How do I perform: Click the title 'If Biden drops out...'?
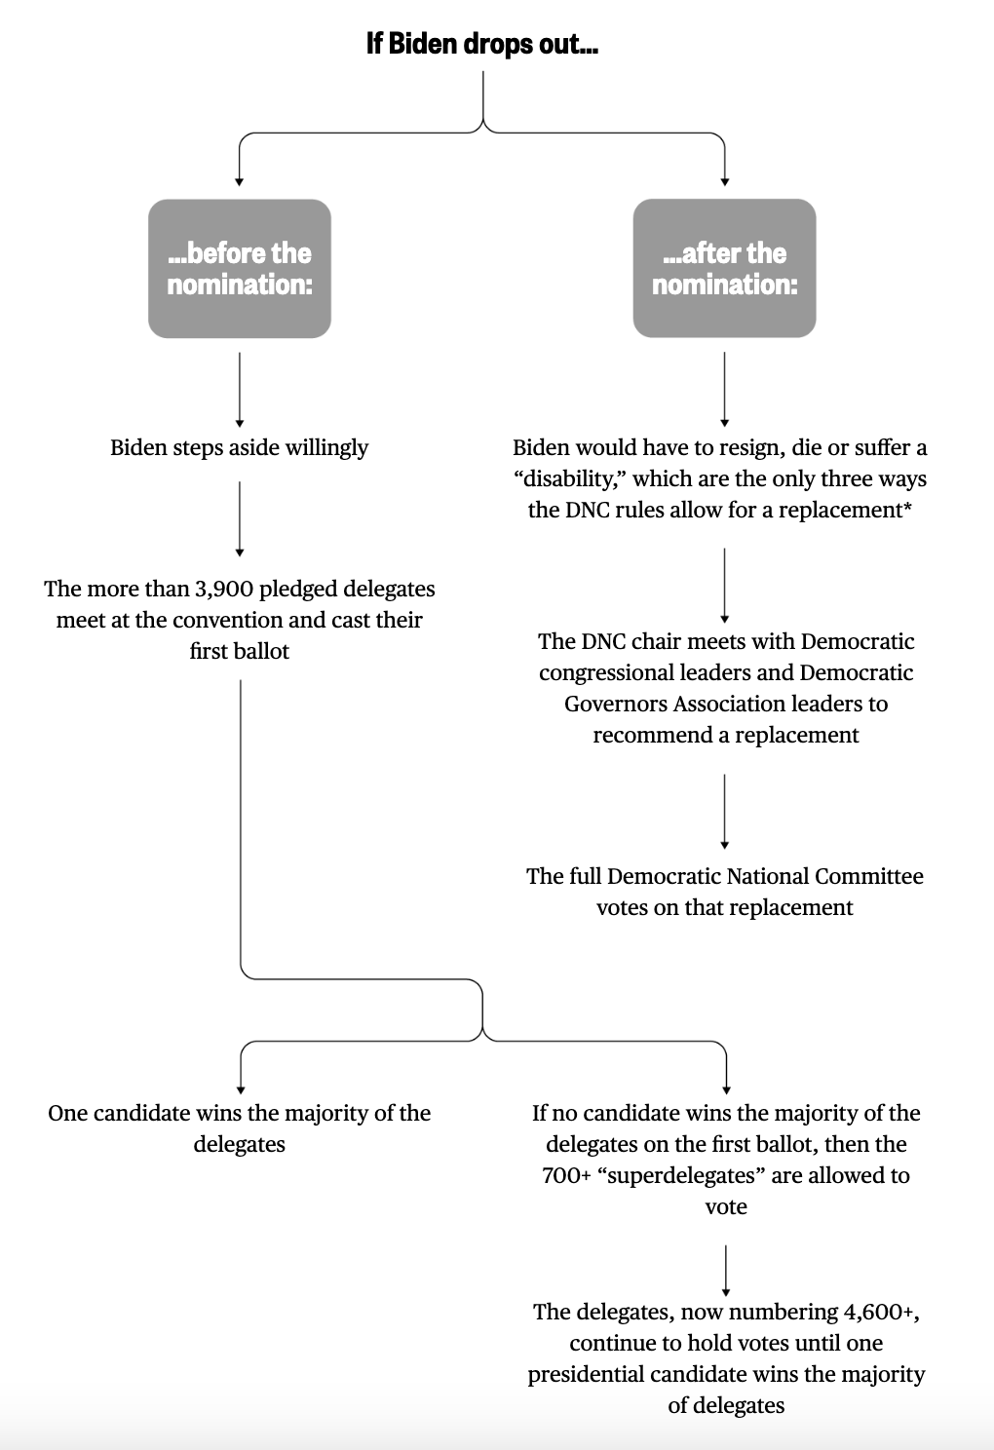(x=482, y=44)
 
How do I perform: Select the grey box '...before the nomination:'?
(x=240, y=268)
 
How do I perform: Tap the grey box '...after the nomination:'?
(x=724, y=268)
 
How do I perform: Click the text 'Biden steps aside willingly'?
(x=240, y=447)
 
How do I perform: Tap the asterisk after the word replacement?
(x=907, y=508)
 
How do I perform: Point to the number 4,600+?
(x=881, y=1312)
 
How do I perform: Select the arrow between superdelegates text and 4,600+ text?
(x=726, y=1267)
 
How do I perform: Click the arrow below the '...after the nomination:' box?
(x=724, y=388)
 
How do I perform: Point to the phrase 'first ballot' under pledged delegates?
(x=240, y=651)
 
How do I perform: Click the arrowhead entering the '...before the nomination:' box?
(x=240, y=181)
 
